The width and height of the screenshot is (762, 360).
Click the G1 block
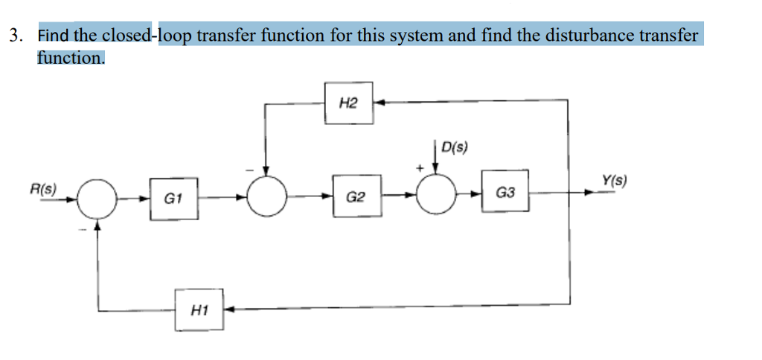point(173,199)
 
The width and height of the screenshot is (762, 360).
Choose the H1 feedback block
point(199,308)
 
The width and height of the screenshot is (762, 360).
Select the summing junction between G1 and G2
point(267,196)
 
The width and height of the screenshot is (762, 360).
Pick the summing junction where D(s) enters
point(436,194)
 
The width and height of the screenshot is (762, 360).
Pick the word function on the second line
point(71,57)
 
